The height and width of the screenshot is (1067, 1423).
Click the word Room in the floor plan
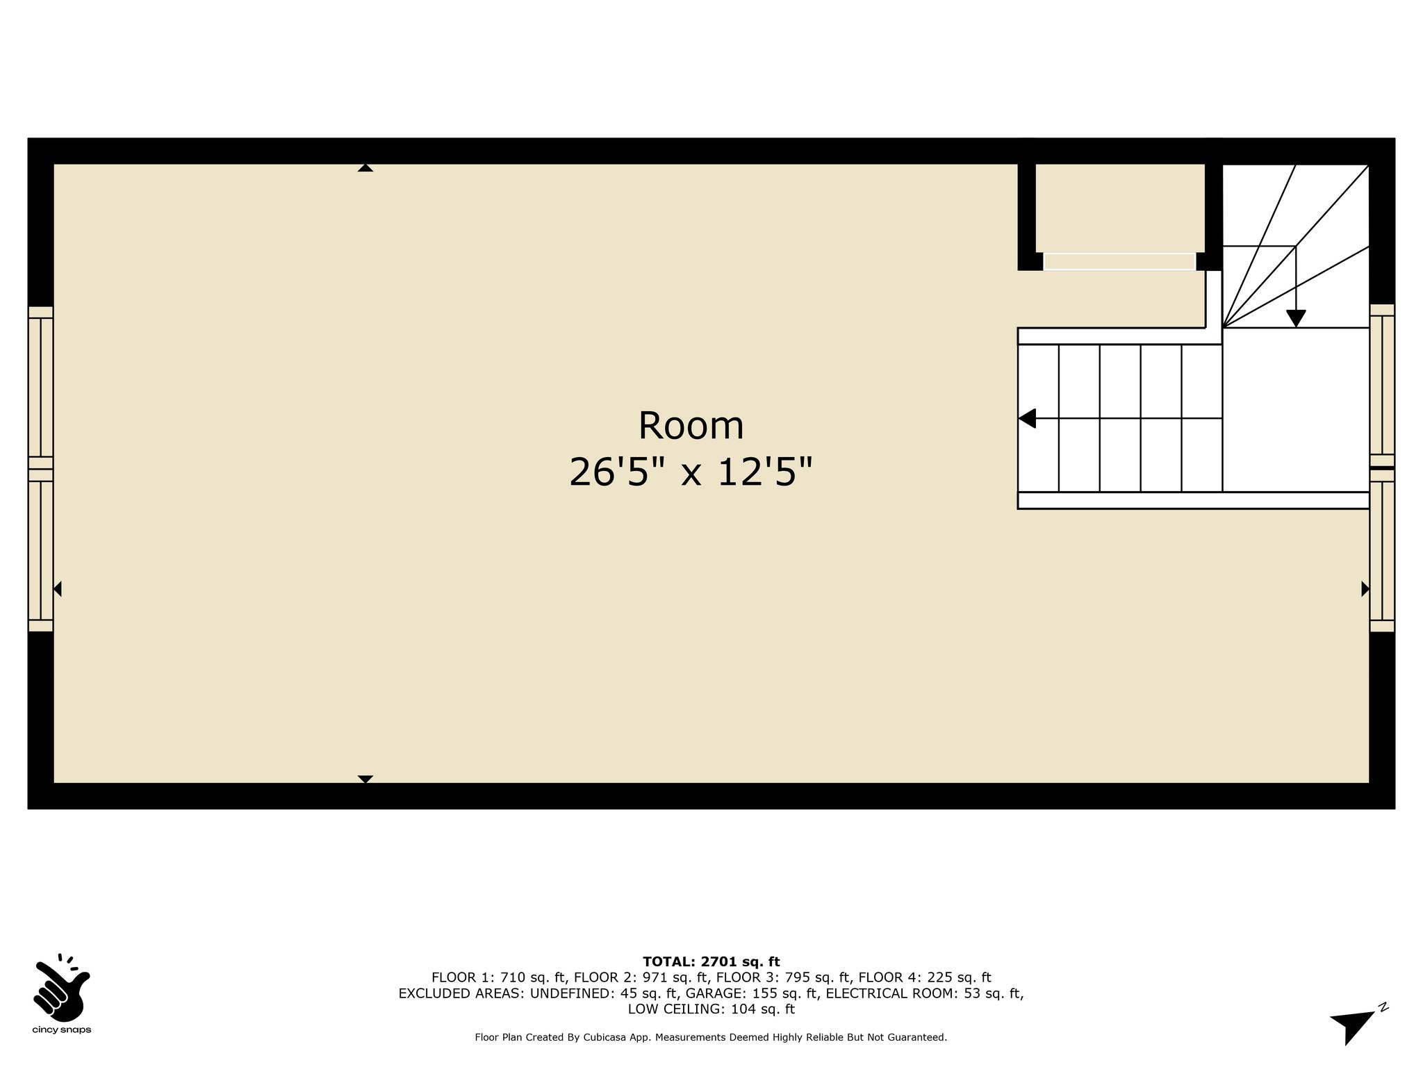coord(691,426)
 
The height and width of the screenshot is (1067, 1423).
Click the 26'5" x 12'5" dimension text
coord(691,472)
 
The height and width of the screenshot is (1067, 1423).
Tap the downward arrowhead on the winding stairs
coord(1296,318)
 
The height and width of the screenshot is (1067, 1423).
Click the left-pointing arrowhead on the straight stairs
coord(1027,418)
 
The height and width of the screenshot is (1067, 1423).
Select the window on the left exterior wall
coord(41,469)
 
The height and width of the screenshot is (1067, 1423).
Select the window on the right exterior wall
coord(1382,468)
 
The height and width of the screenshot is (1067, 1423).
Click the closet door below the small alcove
coord(1119,261)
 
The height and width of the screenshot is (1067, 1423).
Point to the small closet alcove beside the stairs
coord(1120,208)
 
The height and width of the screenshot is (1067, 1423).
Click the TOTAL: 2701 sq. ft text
coord(711,962)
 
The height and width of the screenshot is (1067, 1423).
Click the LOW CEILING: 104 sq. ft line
coord(711,1009)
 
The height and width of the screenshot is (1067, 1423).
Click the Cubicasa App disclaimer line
coord(711,1038)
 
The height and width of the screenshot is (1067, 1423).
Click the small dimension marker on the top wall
coord(365,167)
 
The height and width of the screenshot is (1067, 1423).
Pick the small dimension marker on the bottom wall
coord(365,779)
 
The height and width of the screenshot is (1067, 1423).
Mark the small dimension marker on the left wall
coord(58,589)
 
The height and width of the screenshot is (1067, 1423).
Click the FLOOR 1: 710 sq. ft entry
coord(499,978)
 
